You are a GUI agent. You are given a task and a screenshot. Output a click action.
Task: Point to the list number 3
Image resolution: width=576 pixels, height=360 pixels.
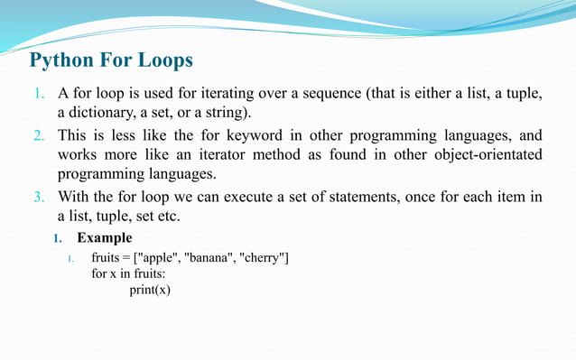(x=38, y=197)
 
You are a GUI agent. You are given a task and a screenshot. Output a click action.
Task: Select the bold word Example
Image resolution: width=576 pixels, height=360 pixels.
(x=105, y=238)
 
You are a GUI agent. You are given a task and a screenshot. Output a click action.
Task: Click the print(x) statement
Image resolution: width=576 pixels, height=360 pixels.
(x=150, y=290)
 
